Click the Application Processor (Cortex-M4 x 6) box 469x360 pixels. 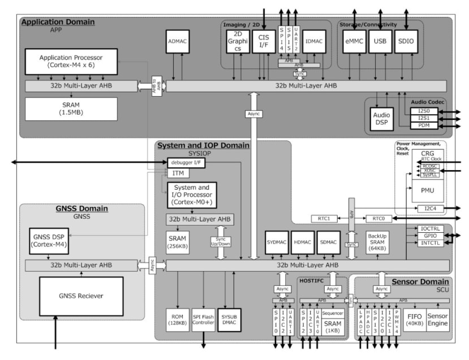[x=71, y=62]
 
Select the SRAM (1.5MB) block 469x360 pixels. [x=71, y=109]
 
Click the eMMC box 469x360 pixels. [x=354, y=41]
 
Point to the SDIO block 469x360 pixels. [x=405, y=41]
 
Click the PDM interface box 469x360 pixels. [x=424, y=126]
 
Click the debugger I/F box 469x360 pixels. [x=184, y=163]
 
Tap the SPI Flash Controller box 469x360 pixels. [x=204, y=318]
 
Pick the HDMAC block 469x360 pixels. [x=303, y=241]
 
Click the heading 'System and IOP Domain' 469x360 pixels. [x=203, y=145]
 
